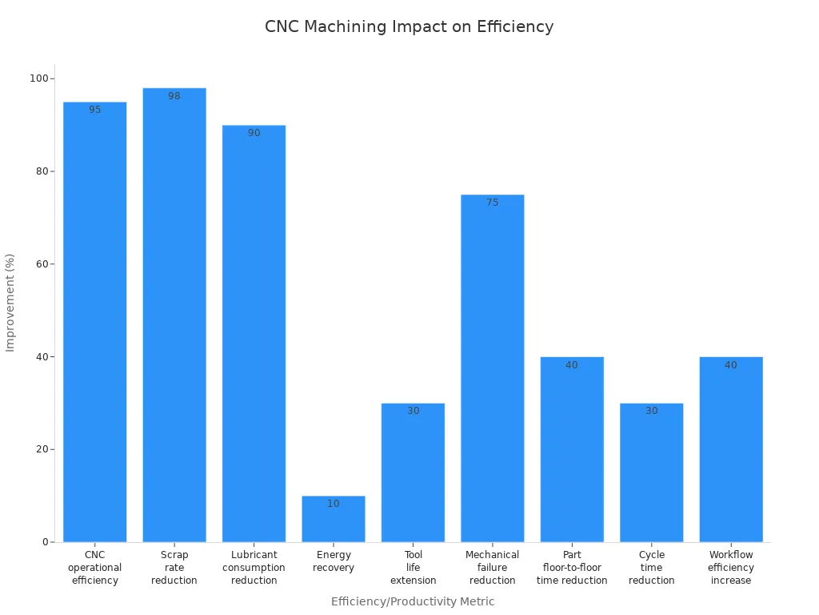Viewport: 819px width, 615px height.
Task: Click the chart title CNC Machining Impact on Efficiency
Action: [409, 26]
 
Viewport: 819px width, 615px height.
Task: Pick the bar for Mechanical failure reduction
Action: [492, 368]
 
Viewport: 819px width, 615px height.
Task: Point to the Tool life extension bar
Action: [413, 472]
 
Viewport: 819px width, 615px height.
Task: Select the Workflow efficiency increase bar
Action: [731, 449]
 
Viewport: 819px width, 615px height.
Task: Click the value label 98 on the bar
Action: [174, 96]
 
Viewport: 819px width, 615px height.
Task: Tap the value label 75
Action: [492, 203]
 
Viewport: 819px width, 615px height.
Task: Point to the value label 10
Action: [334, 504]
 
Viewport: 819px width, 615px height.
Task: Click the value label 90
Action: [254, 133]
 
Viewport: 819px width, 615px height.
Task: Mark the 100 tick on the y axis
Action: [39, 78]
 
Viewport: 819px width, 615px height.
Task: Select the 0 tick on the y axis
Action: [47, 542]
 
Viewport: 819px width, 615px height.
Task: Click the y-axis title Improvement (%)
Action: [10, 303]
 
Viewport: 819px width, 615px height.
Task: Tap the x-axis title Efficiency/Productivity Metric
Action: [413, 601]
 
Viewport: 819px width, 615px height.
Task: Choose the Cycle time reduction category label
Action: [652, 568]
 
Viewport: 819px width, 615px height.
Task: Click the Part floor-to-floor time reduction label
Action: [572, 568]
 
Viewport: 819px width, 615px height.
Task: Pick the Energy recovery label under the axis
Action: [334, 561]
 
